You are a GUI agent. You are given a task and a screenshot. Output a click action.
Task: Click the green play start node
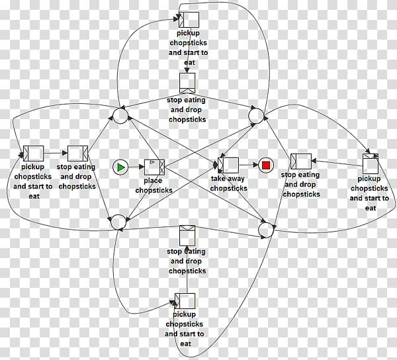[120, 167]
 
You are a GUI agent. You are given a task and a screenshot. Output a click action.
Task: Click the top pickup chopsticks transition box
[189, 20]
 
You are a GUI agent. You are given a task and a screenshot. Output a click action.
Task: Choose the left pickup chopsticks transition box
[33, 154]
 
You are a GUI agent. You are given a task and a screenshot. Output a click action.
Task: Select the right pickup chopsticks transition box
[370, 163]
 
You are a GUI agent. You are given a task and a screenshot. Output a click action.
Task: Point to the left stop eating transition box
[77, 154]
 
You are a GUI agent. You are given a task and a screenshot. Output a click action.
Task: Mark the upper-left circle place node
[119, 116]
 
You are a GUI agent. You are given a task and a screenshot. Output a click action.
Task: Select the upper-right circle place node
[255, 116]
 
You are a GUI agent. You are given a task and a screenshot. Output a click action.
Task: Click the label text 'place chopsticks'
[154, 186]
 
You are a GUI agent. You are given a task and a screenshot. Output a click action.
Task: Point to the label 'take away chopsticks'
[229, 183]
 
